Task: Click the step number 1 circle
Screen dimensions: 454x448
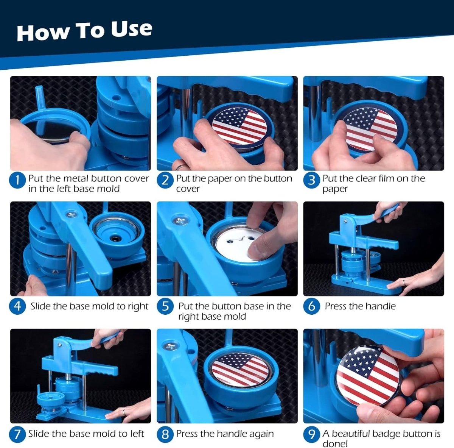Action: click(x=17, y=181)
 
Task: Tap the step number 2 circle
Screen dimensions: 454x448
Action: click(x=165, y=181)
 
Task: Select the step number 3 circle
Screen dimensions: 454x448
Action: click(x=311, y=181)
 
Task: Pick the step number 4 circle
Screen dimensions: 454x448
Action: click(x=17, y=306)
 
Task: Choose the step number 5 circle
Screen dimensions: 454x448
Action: click(x=165, y=306)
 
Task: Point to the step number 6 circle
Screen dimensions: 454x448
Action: click(x=311, y=306)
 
